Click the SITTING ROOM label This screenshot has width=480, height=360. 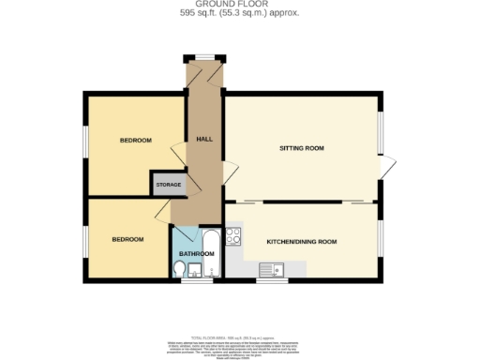pyautogui.click(x=302, y=148)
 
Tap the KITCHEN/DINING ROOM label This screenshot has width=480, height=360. pyautogui.click(x=301, y=241)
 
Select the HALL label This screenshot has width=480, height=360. pyautogui.click(x=203, y=140)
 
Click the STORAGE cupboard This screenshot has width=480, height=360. pyautogui.click(x=169, y=185)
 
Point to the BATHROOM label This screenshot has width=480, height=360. pyautogui.click(x=197, y=253)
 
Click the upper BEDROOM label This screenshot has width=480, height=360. pyautogui.click(x=135, y=141)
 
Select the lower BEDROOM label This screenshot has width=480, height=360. pyautogui.click(x=127, y=239)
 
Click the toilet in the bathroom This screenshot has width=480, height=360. pyautogui.click(x=180, y=270)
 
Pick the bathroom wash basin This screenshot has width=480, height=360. pyautogui.click(x=195, y=271)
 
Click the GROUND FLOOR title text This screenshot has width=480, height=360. pyautogui.click(x=239, y=6)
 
